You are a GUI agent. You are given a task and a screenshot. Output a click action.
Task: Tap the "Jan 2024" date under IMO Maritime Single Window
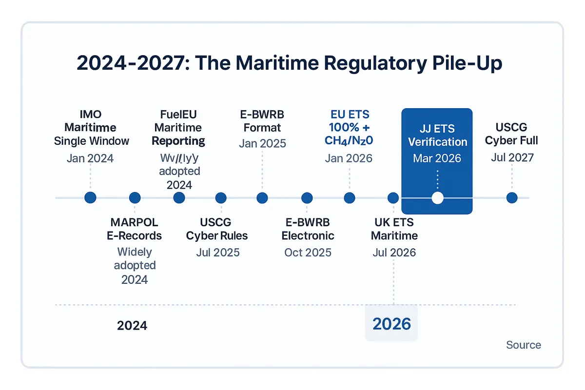click(x=90, y=158)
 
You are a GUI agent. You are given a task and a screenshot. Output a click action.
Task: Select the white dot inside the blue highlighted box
click(x=437, y=198)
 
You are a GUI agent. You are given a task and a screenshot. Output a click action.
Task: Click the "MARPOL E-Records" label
click(x=134, y=229)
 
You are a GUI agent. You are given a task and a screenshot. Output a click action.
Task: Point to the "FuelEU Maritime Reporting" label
click(x=178, y=128)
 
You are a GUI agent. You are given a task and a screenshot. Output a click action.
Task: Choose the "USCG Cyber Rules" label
click(x=217, y=229)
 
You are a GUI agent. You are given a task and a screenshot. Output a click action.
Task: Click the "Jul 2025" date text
click(x=217, y=252)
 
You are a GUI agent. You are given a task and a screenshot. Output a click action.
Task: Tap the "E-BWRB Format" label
click(x=262, y=121)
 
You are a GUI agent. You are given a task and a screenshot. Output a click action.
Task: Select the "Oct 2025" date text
click(x=308, y=252)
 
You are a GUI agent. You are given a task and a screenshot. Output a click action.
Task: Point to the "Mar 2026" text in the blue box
click(x=437, y=158)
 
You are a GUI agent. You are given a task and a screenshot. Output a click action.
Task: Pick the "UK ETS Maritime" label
click(x=394, y=229)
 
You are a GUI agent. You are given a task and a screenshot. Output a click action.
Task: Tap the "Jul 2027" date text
click(x=511, y=157)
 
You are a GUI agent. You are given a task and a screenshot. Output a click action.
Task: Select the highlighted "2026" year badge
click(x=391, y=324)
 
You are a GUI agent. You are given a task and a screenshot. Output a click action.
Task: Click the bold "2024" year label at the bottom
click(x=132, y=325)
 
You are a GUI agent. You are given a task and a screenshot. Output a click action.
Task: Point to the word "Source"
click(x=523, y=345)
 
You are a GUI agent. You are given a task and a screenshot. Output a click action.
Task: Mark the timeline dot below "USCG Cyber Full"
click(x=511, y=198)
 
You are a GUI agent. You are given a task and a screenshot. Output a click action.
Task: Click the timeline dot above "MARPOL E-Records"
click(x=135, y=198)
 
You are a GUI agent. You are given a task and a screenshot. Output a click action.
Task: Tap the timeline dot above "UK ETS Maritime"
click(x=393, y=198)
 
